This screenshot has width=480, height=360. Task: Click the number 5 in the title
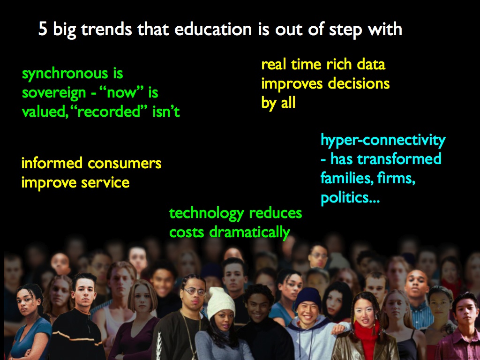tap(43, 30)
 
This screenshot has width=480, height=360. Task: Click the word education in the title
tap(213, 29)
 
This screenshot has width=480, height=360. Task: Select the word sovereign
tap(54, 93)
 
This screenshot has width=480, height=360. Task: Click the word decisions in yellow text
tap(359, 83)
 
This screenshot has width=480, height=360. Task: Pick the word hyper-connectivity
tap(383, 141)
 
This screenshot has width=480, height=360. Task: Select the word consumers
tap(125, 163)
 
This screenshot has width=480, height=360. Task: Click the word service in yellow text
tap(105, 183)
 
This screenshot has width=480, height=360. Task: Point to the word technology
tap(206, 214)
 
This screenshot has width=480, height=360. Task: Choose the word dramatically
tap(249, 232)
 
